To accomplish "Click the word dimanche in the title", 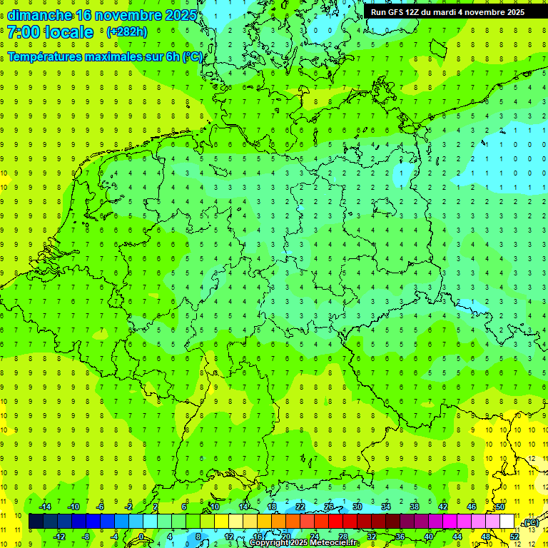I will coord(39,16).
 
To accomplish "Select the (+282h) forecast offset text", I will coord(126,32).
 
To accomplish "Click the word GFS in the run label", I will coord(395,12).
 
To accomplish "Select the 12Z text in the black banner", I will coord(412,12).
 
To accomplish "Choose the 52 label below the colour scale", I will coord(514,537).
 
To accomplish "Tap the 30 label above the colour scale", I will coord(357,507).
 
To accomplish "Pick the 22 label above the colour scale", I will coord(300,507).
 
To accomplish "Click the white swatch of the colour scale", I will coord(507,522).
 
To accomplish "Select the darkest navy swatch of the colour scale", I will coord(36,522).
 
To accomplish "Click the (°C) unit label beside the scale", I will coord(530,523).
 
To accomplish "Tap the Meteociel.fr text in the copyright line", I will coord(333,543).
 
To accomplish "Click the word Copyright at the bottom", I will coord(269,543).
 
